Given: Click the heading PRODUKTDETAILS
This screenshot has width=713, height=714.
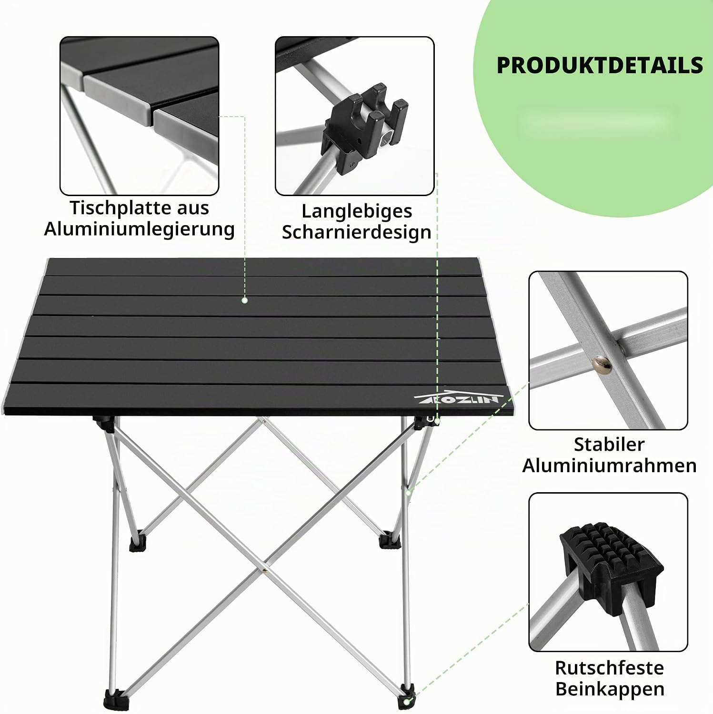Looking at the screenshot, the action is point(600,65).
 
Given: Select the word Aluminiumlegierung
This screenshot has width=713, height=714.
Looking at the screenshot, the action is point(140,229).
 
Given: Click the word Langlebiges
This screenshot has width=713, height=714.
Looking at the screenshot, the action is point(357,211).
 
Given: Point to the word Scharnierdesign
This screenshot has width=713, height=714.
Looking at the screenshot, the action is point(357,232).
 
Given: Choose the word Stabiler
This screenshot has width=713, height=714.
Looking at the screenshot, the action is point(609,445).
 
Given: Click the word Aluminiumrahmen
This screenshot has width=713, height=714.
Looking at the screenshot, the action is point(609,466).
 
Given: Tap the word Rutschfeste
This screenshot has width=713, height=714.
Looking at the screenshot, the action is point(609,668).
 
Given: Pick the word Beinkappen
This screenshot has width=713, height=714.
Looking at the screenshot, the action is point(609,689).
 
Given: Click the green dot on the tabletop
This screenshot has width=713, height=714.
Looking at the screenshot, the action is point(244,300).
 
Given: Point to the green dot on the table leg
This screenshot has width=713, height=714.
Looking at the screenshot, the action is point(408,492).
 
